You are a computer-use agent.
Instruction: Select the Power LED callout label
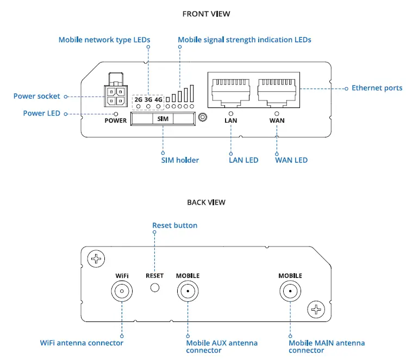click(42, 113)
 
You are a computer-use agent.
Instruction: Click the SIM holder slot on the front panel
click(163, 119)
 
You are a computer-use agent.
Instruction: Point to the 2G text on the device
click(139, 100)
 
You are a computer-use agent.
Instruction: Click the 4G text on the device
click(158, 100)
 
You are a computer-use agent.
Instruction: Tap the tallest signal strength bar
click(192, 93)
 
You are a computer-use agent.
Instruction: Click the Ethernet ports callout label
click(377, 88)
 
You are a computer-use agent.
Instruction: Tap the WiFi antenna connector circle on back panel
click(122, 292)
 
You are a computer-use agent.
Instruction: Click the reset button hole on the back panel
click(155, 288)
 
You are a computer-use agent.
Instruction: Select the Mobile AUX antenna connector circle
click(188, 292)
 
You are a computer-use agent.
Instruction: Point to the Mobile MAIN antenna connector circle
click(290, 292)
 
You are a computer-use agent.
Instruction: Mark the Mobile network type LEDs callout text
click(104, 40)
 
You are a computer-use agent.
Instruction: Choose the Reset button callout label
click(174, 225)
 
